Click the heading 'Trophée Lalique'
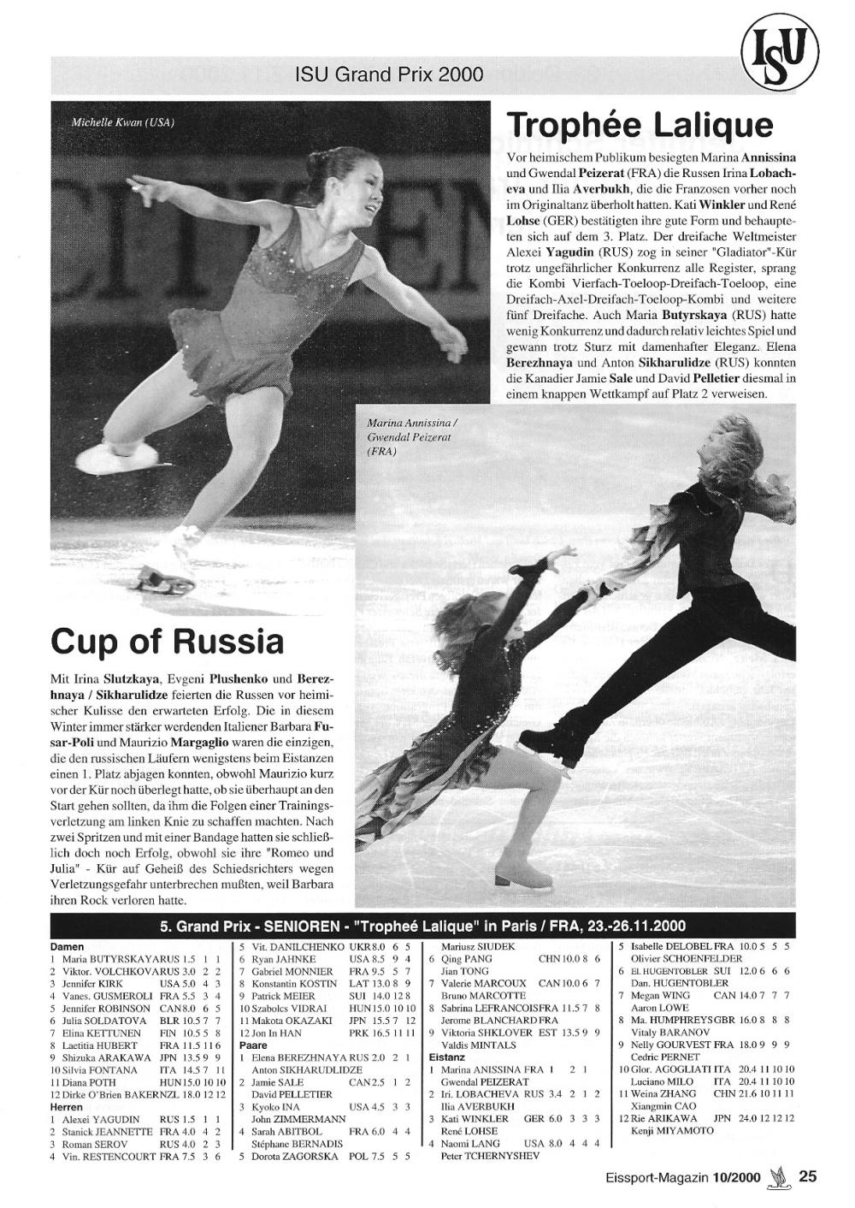[x=640, y=126]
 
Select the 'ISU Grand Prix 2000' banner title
[x=389, y=75]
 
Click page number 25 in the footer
[x=807, y=1175]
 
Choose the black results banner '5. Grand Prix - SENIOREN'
[x=422, y=927]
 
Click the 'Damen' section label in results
[x=67, y=947]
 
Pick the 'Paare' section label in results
[x=253, y=1045]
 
